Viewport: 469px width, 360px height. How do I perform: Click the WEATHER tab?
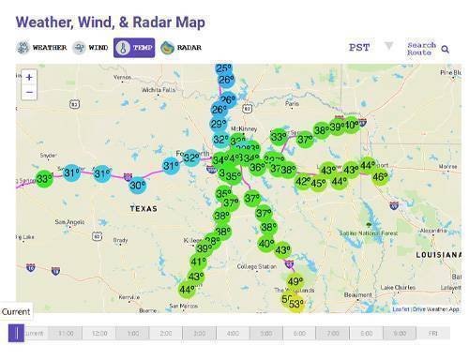click(42, 47)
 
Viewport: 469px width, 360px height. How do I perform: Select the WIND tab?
click(92, 47)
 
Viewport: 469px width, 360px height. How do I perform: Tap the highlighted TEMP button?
click(134, 47)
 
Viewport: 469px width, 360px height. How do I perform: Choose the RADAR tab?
click(181, 47)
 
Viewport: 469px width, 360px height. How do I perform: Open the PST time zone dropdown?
click(370, 47)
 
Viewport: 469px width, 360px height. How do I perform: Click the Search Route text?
click(421, 48)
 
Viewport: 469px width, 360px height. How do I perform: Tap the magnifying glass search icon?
click(446, 49)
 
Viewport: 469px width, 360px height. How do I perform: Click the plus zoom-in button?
click(29, 77)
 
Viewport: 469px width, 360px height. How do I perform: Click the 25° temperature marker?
click(224, 68)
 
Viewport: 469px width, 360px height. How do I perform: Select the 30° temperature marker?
click(137, 186)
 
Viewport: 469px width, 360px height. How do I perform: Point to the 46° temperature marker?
click(380, 176)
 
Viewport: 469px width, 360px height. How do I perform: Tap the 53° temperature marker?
click(295, 304)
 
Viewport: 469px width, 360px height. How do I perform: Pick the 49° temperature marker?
click(295, 281)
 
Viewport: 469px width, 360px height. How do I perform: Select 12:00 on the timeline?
click(99, 333)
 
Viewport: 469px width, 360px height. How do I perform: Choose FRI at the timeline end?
click(433, 333)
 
